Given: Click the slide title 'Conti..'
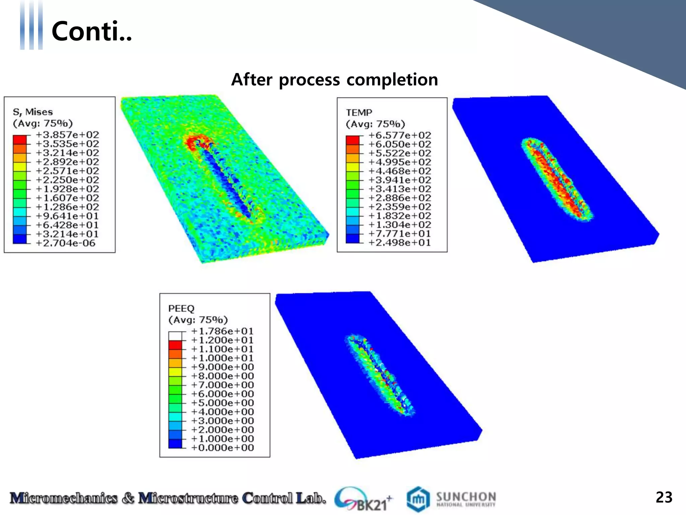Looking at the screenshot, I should click(x=92, y=31).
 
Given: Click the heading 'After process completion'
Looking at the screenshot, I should click(x=334, y=80).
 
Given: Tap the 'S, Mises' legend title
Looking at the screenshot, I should click(x=33, y=112).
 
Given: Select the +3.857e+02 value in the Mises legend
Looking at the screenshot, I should click(x=67, y=135).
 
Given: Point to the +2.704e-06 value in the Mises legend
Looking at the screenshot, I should click(x=66, y=243).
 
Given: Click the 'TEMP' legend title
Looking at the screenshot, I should click(x=359, y=113).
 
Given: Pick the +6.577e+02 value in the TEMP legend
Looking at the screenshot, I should click(x=400, y=135).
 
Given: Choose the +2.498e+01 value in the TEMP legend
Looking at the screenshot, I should click(x=400, y=242).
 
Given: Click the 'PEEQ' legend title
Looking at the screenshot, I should click(x=181, y=308).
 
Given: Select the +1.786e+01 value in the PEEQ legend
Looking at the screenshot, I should click(x=222, y=331).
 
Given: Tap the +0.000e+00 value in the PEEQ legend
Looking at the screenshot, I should click(x=222, y=448).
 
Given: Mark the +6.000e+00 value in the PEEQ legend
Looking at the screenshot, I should click(x=222, y=394).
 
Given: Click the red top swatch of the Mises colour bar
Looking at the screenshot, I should click(x=19, y=139).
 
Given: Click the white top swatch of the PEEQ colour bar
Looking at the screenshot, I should click(x=175, y=336).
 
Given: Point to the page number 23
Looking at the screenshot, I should click(x=664, y=497).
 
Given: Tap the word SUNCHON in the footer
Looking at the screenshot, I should click(x=466, y=497).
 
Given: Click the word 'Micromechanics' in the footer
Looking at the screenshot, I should click(x=64, y=498).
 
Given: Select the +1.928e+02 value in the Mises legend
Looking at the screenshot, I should click(x=67, y=189).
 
